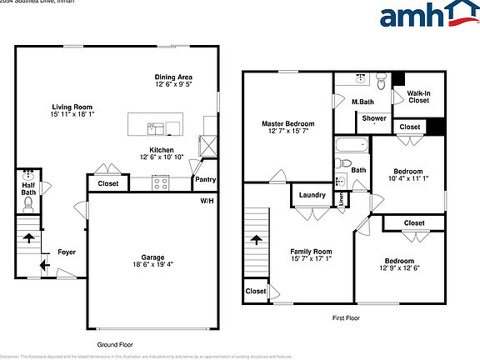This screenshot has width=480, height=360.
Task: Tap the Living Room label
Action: [72, 107]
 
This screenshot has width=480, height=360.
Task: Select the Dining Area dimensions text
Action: [173, 84]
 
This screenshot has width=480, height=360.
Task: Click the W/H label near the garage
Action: [206, 201]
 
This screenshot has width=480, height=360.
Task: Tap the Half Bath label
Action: [28, 188]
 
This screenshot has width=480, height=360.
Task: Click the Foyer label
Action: [67, 252]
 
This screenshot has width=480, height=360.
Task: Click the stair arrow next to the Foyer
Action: [28, 238]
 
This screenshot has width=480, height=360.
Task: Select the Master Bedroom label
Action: [288, 123]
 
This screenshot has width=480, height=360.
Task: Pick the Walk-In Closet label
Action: [417, 97]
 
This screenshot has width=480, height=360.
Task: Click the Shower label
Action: [374, 118]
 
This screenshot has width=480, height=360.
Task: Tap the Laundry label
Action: [311, 195]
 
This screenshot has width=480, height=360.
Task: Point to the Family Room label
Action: [311, 251]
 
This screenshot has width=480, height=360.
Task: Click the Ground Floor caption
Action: [114, 344]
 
